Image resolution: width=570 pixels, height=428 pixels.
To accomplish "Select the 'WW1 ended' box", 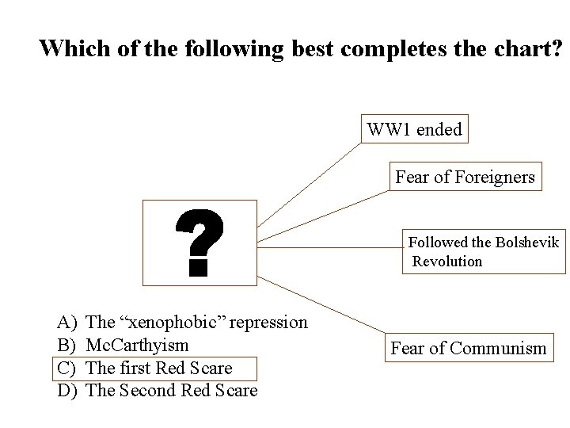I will [415, 129].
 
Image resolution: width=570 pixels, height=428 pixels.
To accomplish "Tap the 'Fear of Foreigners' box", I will [465, 177].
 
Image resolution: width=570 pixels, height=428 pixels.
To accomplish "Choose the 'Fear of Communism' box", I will [469, 348].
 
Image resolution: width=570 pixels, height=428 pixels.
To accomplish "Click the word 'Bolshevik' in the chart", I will [526, 243].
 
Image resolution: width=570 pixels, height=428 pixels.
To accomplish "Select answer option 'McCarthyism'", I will [137, 346].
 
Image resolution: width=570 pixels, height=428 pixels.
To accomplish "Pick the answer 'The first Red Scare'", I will [158, 369].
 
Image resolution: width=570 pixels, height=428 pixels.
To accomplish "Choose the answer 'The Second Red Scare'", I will [171, 391].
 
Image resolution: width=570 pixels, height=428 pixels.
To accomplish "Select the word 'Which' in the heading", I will [72, 49].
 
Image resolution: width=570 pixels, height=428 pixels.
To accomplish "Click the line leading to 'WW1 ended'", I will [309, 184].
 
